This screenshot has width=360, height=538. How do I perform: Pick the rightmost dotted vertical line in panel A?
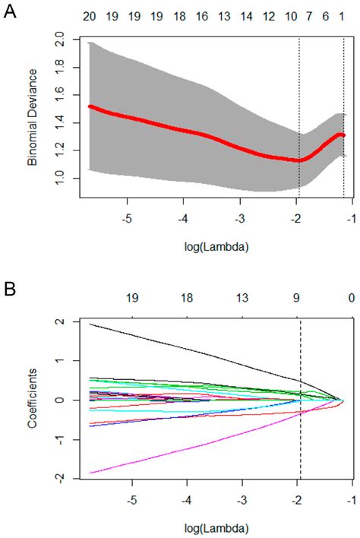[343, 114]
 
